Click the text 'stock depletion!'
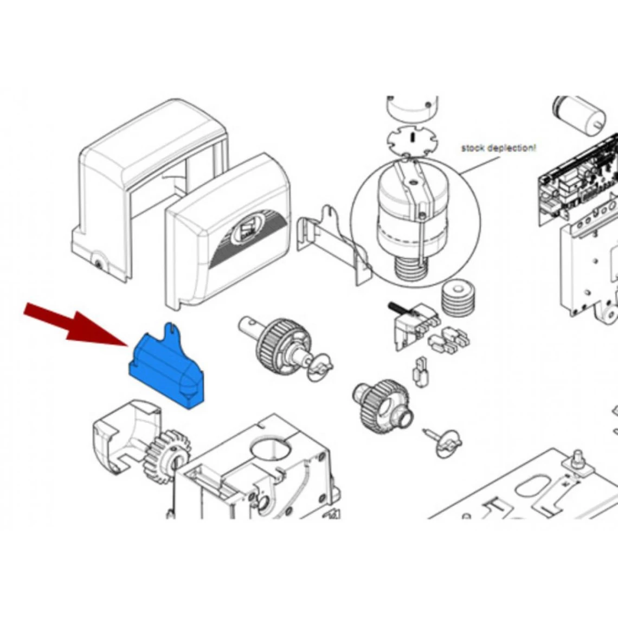[498, 147]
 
